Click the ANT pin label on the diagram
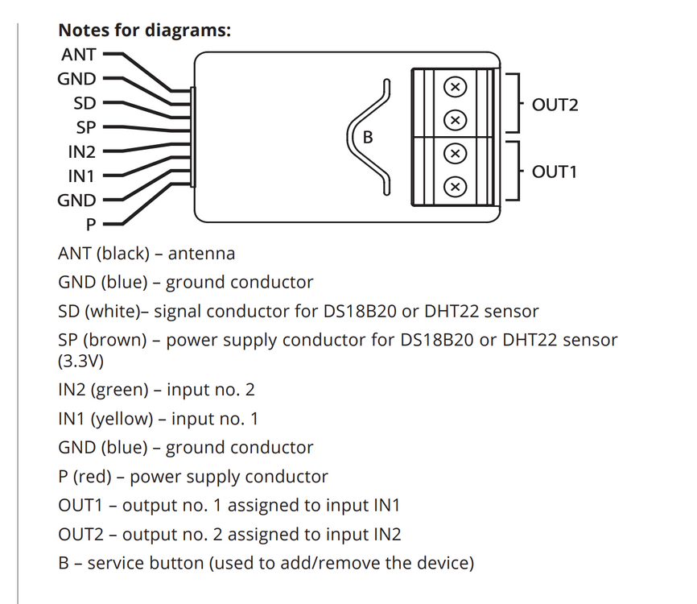[78, 55]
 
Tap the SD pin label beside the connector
[85, 103]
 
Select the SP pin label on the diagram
[85, 127]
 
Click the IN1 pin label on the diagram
[81, 176]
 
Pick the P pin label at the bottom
[90, 224]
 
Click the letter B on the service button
[368, 138]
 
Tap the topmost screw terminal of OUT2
[455, 86]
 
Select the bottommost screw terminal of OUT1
[455, 187]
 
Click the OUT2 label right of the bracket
[555, 105]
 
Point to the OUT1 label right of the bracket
[555, 172]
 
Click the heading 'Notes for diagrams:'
[145, 31]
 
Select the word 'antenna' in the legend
[201, 254]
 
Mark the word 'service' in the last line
[117, 562]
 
